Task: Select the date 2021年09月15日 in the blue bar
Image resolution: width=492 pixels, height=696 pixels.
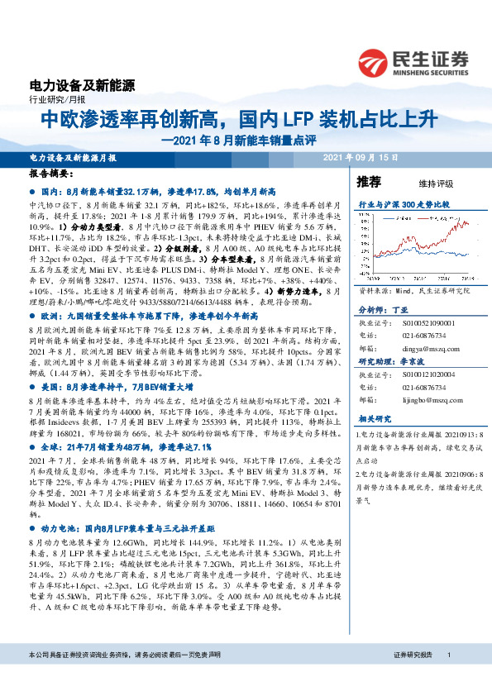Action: point(361,156)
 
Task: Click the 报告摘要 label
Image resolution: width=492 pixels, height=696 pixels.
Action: point(50,174)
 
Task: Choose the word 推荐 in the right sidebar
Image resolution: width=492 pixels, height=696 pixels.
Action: point(368,181)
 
